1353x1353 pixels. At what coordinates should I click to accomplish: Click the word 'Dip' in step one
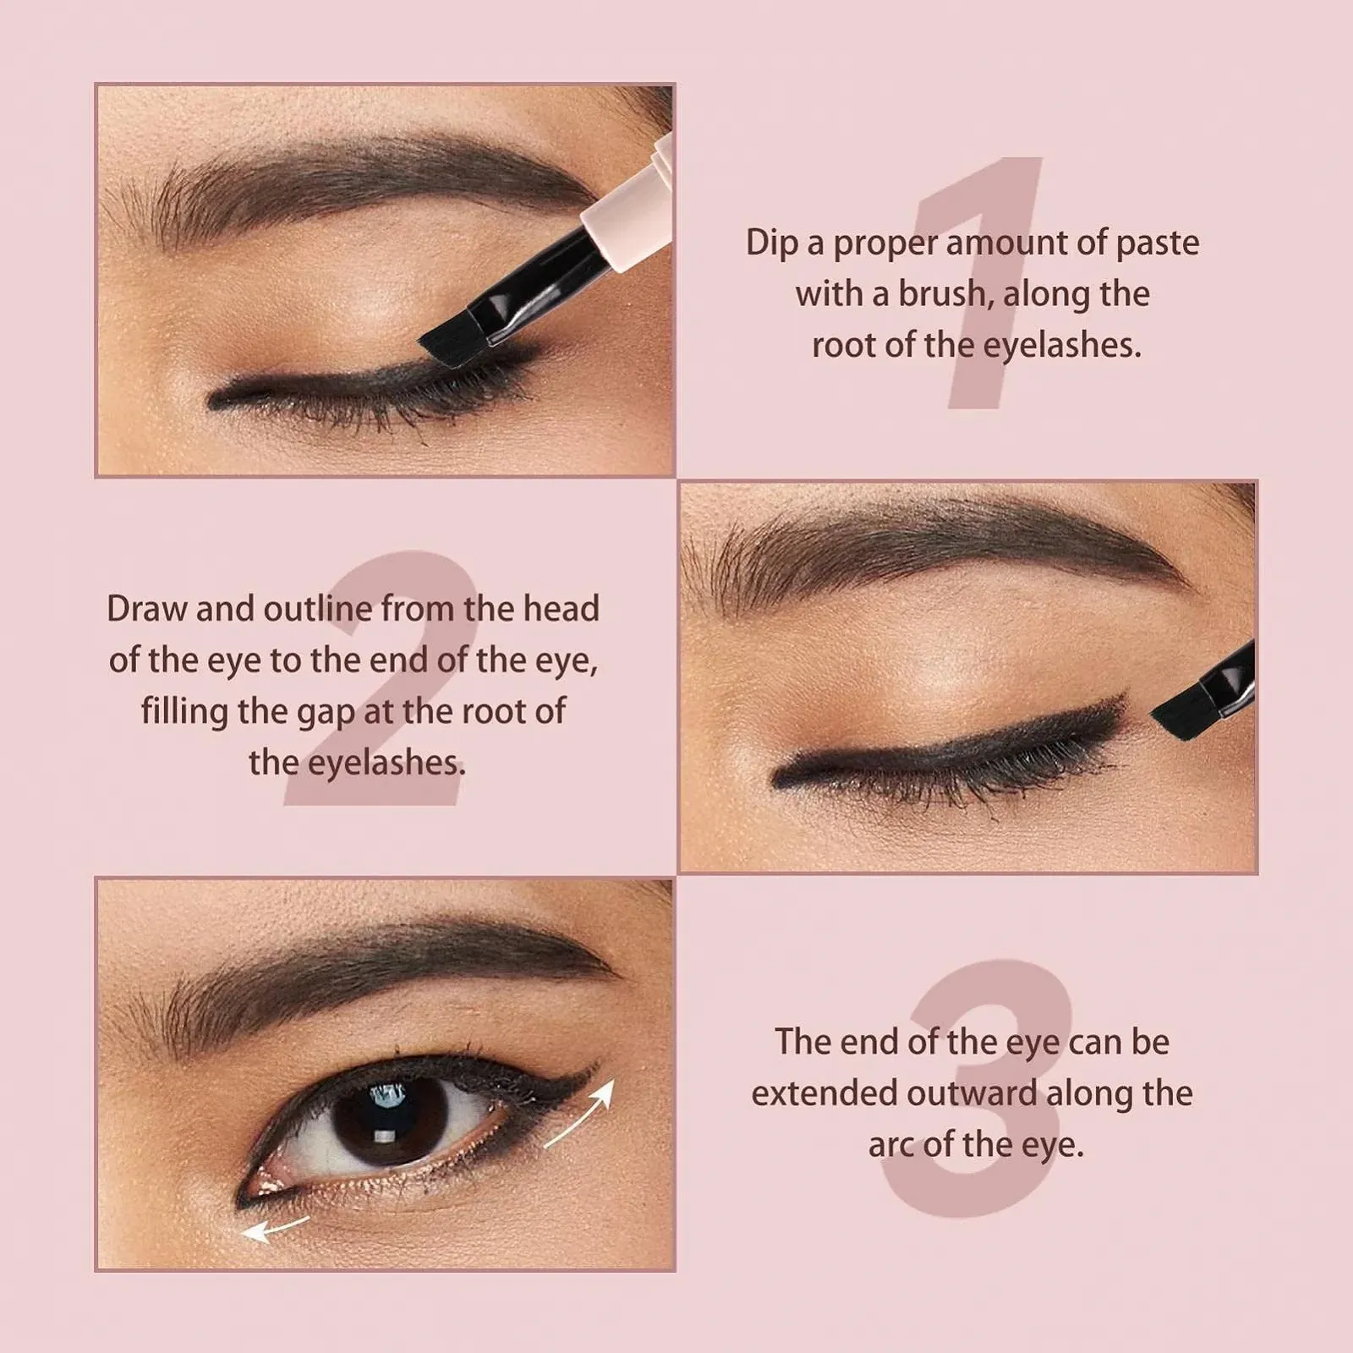point(771,244)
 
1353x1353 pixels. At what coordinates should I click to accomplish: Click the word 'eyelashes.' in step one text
point(1062,346)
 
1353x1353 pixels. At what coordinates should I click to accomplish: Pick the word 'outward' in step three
point(972,1093)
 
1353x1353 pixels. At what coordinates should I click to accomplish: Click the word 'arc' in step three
point(891,1146)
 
